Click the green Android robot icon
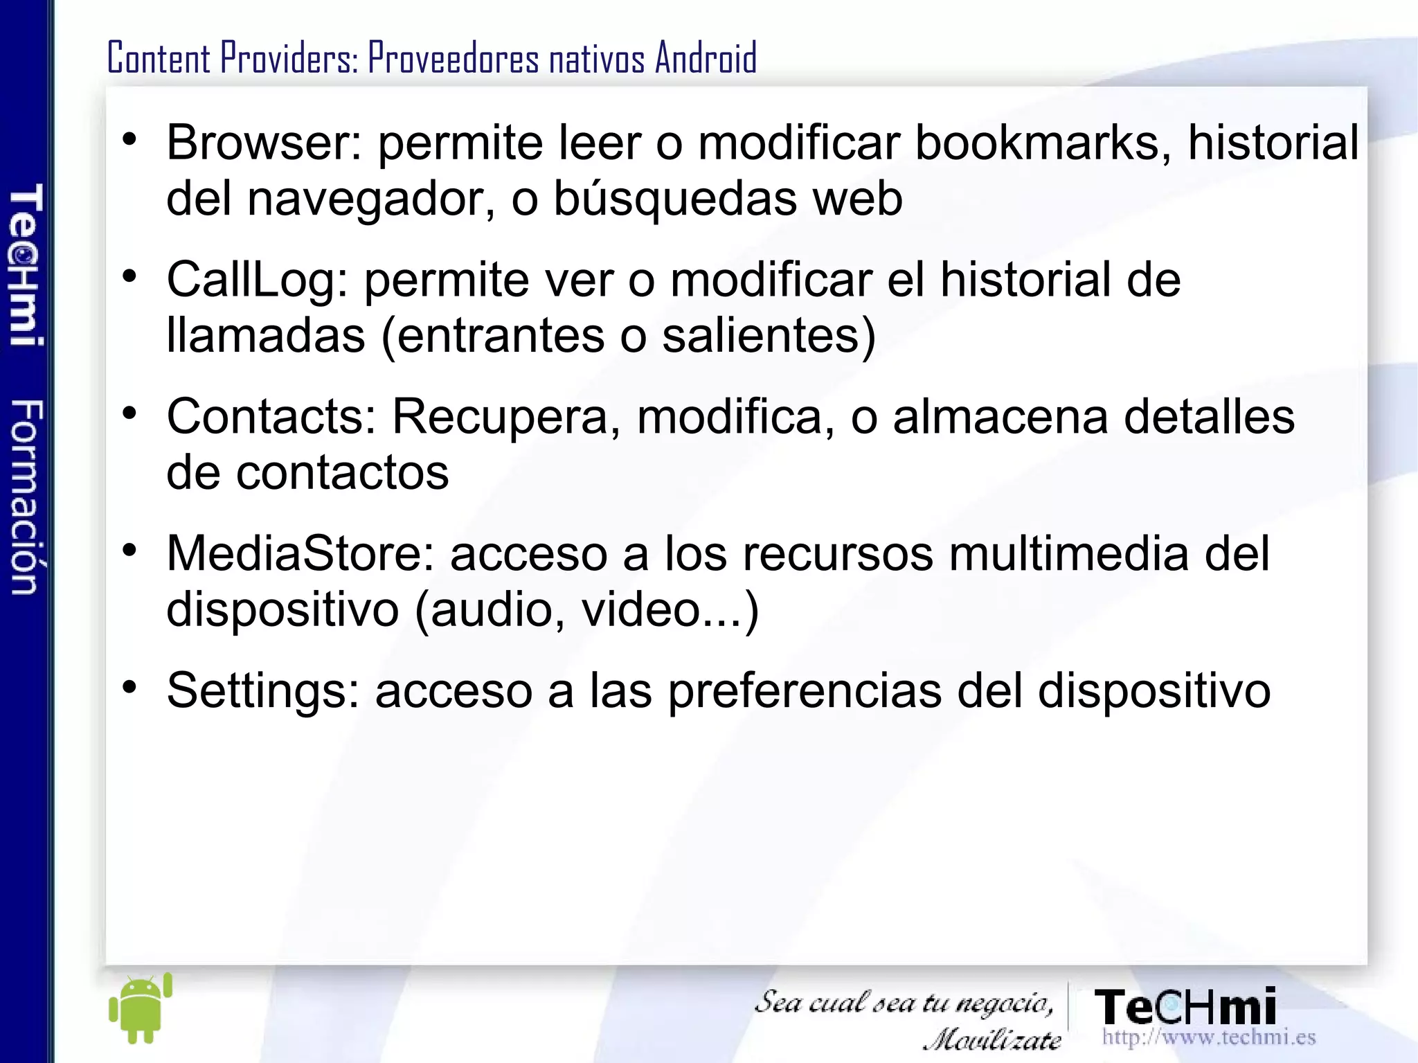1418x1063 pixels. pyautogui.click(x=140, y=1008)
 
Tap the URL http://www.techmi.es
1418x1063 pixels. pyautogui.click(x=1208, y=1037)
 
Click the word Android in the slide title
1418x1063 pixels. pyautogui.click(x=706, y=57)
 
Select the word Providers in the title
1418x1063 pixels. pyautogui.click(x=289, y=57)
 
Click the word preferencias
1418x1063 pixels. pyautogui.click(x=804, y=691)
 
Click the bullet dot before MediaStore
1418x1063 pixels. pyautogui.click(x=129, y=551)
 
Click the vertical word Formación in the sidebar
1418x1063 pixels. pyautogui.click(x=26, y=497)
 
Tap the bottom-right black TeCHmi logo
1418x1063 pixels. pyautogui.click(x=1185, y=1007)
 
